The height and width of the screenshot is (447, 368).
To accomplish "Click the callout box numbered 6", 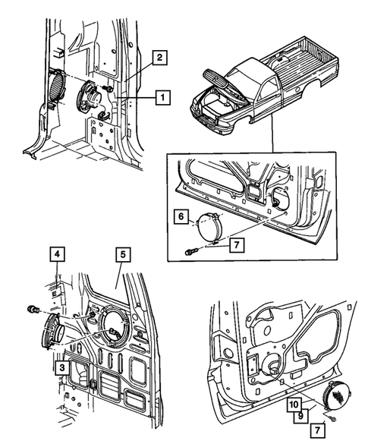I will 181,217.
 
